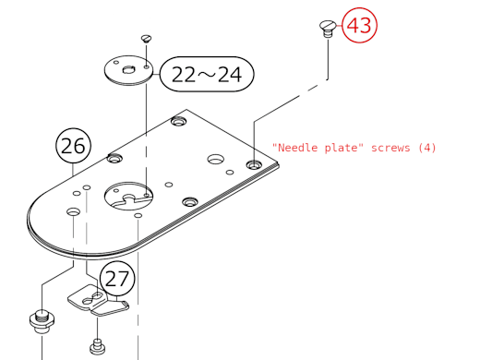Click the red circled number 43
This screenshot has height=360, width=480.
click(x=359, y=26)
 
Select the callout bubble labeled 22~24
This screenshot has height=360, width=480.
click(x=207, y=74)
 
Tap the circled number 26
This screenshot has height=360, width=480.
click(x=76, y=146)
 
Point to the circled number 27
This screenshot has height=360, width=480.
click(x=117, y=278)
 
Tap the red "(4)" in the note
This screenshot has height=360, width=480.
click(x=426, y=148)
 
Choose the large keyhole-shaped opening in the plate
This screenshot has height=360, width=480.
click(x=128, y=194)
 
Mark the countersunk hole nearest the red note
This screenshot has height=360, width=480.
click(x=253, y=163)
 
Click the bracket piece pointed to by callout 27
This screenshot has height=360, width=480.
click(x=92, y=302)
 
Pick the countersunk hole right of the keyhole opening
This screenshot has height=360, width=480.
click(x=189, y=201)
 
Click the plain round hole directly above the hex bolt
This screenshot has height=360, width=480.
click(x=72, y=212)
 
